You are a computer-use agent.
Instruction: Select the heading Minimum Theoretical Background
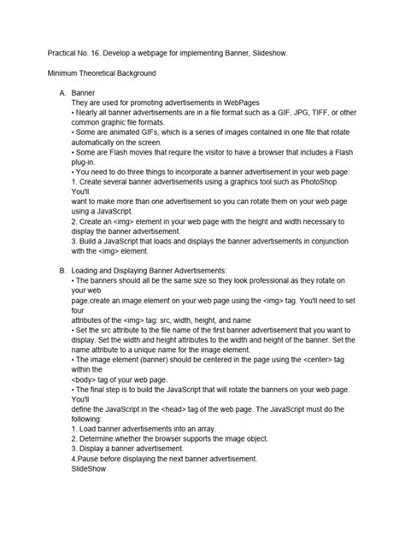pyautogui.click(x=107, y=74)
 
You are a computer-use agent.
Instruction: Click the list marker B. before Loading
pyautogui.click(x=62, y=270)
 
